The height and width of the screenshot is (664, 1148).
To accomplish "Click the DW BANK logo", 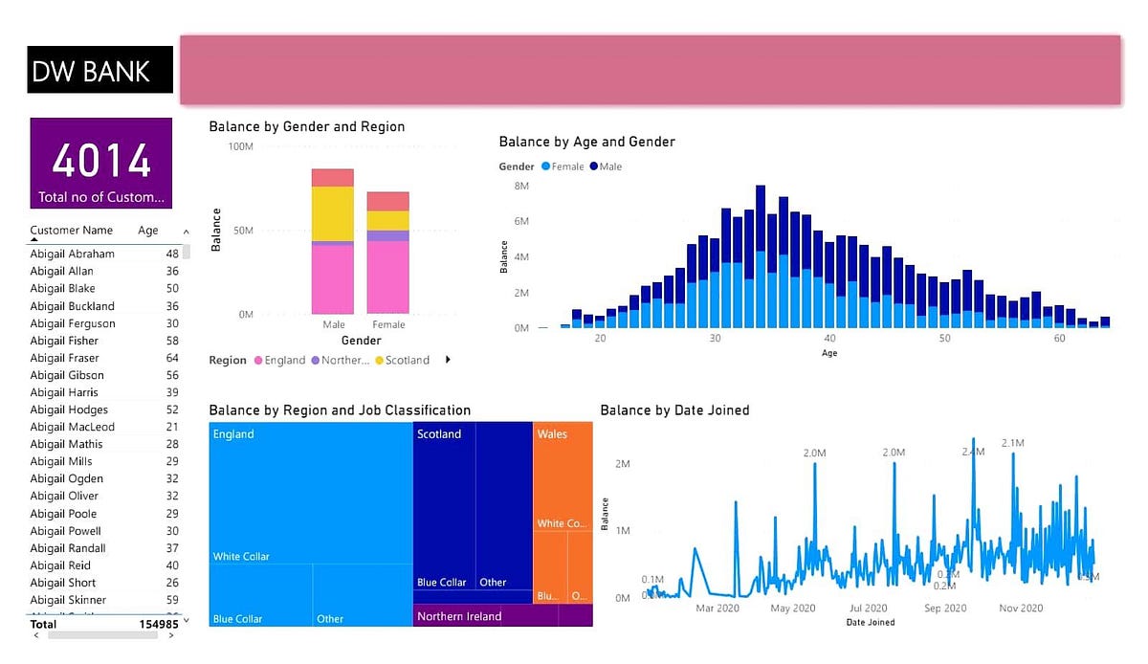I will pyautogui.click(x=92, y=71).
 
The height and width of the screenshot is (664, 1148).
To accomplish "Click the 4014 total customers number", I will pyautogui.click(x=101, y=160).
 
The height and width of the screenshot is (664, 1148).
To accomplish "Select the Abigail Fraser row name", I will pyautogui.click(x=64, y=358).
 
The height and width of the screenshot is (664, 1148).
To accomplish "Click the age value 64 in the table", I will pyautogui.click(x=172, y=358).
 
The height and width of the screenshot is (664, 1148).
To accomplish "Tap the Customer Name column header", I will pyautogui.click(x=71, y=231).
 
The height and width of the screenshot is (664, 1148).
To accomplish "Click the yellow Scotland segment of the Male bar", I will pyautogui.click(x=332, y=213).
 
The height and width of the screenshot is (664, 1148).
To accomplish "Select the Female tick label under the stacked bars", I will pyautogui.click(x=388, y=325).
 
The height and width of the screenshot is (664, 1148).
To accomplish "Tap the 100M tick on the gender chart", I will pyautogui.click(x=239, y=146).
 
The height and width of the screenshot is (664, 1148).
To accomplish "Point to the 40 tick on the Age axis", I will pyautogui.click(x=829, y=339).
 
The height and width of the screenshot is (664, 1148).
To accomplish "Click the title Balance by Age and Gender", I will pyautogui.click(x=586, y=142).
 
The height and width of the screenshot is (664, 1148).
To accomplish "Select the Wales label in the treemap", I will pyautogui.click(x=552, y=434).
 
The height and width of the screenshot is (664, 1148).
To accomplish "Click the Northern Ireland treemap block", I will pyautogui.click(x=459, y=617).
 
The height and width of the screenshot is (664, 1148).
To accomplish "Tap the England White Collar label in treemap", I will pyautogui.click(x=241, y=557).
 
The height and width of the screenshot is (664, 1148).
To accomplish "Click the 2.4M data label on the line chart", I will pyautogui.click(x=973, y=452).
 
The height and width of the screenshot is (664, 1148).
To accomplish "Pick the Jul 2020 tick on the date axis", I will pyautogui.click(x=869, y=609).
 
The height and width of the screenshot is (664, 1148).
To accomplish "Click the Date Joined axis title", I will pyautogui.click(x=870, y=623).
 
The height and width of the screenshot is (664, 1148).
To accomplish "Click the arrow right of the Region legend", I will pyautogui.click(x=448, y=360).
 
